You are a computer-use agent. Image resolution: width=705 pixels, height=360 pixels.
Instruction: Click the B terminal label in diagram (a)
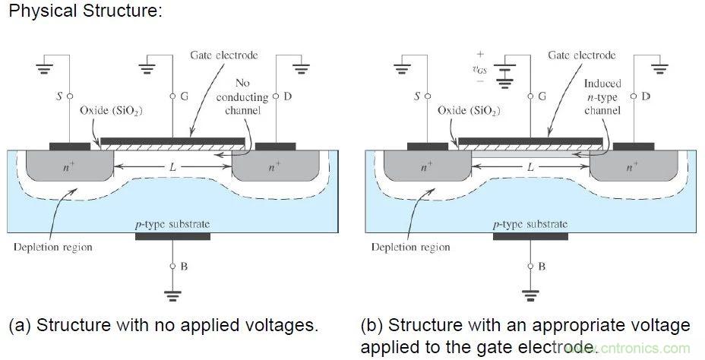coord(182,267)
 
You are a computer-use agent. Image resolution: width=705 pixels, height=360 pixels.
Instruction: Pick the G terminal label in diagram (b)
coord(541,96)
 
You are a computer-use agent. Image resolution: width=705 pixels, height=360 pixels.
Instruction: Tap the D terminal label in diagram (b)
coord(644,96)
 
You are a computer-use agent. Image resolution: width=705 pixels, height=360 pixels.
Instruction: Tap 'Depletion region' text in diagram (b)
coord(410,247)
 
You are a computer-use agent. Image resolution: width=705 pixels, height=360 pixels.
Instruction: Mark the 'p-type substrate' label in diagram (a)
coord(172,223)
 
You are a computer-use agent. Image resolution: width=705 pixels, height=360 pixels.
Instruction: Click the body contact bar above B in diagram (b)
coord(530,236)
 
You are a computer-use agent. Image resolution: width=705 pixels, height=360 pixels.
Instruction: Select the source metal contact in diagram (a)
coord(68,144)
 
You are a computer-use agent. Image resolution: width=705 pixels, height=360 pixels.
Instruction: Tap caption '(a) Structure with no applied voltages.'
coord(163,326)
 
